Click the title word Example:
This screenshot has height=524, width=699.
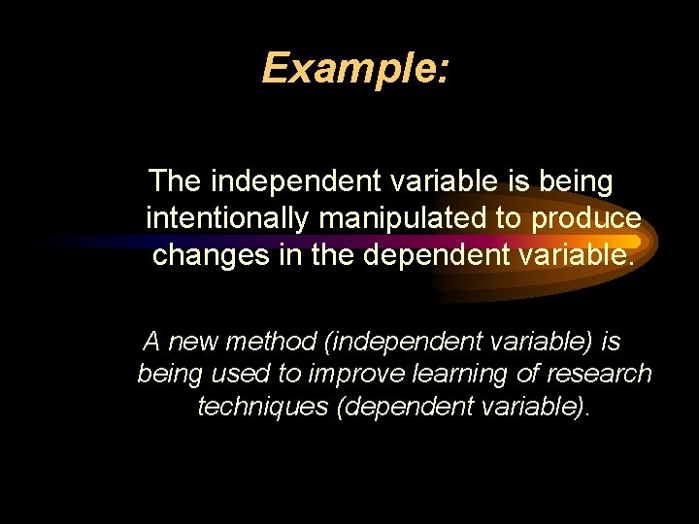tap(355, 69)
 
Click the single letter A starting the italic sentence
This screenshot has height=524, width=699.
tap(151, 342)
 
